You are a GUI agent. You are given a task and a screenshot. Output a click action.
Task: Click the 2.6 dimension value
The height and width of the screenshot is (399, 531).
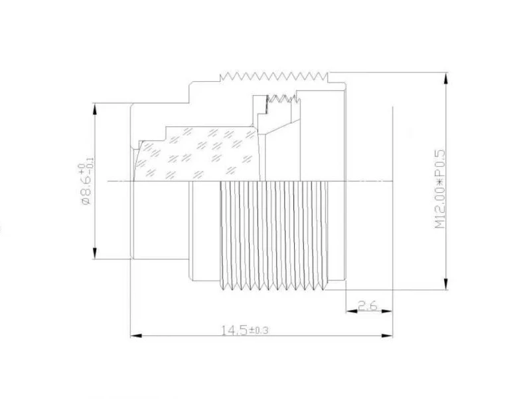[368, 306]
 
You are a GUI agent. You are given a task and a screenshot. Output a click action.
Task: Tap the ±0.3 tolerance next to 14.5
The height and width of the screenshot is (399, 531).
[258, 330]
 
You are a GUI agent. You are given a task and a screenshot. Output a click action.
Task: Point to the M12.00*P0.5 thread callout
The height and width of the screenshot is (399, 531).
[439, 189]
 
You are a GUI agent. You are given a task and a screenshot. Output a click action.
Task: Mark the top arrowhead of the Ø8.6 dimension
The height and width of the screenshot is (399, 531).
[95, 109]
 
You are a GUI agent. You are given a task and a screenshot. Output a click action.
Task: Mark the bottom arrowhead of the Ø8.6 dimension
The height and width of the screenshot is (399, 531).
[95, 253]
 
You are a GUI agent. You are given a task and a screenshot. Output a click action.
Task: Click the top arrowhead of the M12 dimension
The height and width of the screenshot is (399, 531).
[446, 78]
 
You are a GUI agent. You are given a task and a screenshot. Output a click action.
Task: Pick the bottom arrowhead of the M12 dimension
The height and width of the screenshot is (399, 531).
[446, 284]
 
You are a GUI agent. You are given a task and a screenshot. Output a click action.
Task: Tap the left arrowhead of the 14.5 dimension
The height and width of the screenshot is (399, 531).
[136, 336]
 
